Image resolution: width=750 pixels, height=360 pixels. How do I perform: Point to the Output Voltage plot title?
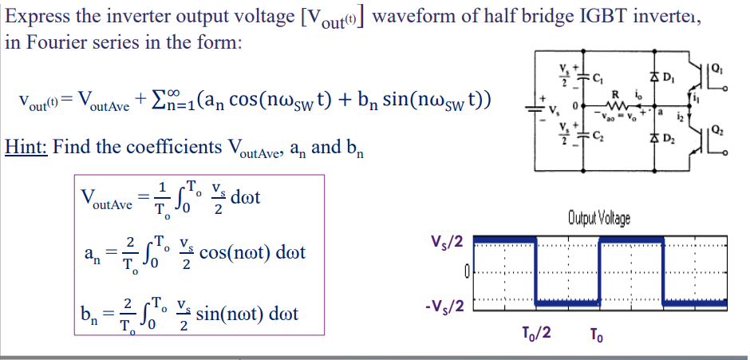598,216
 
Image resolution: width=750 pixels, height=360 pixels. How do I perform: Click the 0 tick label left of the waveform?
465,274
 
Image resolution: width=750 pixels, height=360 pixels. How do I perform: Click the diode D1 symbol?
657,77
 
